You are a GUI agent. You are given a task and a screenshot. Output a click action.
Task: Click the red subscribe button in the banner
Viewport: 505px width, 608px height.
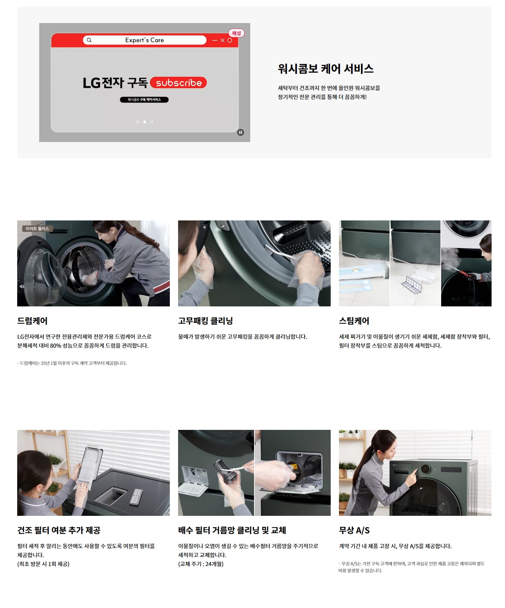tap(178, 83)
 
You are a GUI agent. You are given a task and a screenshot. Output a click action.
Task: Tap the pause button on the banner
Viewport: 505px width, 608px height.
tap(241, 132)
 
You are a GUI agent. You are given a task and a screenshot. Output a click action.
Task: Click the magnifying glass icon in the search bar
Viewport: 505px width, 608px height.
tap(89, 40)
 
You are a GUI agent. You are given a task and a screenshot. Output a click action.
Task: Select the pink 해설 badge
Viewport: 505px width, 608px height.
tap(237, 33)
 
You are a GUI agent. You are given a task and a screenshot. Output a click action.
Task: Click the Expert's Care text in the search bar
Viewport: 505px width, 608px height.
tap(144, 40)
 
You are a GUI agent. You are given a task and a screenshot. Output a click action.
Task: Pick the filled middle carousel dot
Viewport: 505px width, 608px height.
tap(145, 122)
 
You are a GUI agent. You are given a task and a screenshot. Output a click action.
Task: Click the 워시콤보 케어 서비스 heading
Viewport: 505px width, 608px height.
tap(326, 69)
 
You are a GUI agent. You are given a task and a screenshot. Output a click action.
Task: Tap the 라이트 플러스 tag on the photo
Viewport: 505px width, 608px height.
tap(37, 229)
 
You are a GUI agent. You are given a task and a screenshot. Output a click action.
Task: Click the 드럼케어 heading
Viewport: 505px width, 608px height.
tap(32, 321)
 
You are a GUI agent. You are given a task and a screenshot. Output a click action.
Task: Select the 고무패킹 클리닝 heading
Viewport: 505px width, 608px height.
tap(206, 321)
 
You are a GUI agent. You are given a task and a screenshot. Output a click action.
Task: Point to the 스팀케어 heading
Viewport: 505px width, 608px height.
tap(354, 321)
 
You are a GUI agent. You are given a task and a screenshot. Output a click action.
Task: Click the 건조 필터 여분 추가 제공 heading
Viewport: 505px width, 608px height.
tap(59, 530)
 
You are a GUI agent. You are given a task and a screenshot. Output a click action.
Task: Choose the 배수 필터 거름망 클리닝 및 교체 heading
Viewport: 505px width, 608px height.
tap(232, 530)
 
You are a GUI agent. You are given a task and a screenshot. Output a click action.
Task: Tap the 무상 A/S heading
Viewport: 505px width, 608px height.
tap(354, 530)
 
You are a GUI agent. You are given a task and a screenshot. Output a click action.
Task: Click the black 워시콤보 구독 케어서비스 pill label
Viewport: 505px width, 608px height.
tap(144, 100)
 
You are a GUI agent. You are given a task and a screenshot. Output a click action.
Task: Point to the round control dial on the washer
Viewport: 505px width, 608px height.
tap(425, 469)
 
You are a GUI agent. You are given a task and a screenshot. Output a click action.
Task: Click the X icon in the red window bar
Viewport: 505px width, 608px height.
tap(222, 40)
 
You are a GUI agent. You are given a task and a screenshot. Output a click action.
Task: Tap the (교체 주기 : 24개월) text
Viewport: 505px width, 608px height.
tap(201, 564)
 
